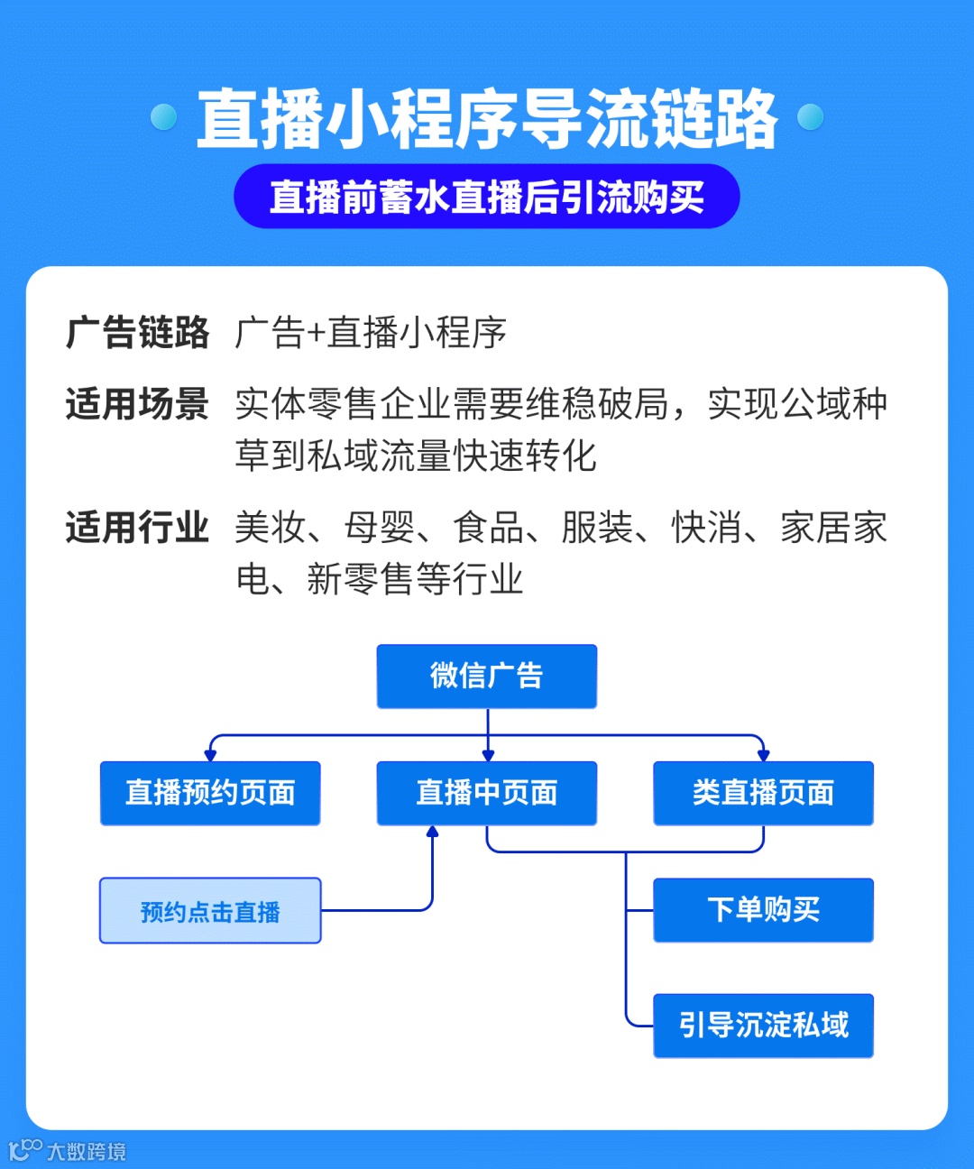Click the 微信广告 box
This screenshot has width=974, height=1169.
(x=487, y=677)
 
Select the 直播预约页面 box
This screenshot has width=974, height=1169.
(x=210, y=793)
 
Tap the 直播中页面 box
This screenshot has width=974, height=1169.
(x=487, y=793)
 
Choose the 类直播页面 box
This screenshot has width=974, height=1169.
(x=763, y=793)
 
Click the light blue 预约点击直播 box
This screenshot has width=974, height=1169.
(x=210, y=911)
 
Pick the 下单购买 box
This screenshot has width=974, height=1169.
(x=763, y=910)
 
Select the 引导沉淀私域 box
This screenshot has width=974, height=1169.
(x=763, y=1026)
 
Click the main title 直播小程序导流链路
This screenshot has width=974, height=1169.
(x=487, y=119)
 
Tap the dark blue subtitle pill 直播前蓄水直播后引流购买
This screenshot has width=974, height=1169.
(x=487, y=197)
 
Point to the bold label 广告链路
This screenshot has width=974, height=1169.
(x=137, y=333)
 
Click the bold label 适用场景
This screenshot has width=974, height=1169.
(x=137, y=404)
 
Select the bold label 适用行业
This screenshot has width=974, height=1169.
(x=137, y=528)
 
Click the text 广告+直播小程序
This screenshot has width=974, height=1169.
(x=371, y=333)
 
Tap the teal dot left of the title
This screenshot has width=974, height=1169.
(x=164, y=117)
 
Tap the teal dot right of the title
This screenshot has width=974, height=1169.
(x=811, y=117)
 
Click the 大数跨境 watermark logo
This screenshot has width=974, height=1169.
(x=68, y=1151)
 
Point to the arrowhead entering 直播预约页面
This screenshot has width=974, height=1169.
(x=210, y=755)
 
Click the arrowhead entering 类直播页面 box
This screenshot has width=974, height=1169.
(x=763, y=755)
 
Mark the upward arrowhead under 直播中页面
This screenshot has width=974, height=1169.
(x=432, y=832)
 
